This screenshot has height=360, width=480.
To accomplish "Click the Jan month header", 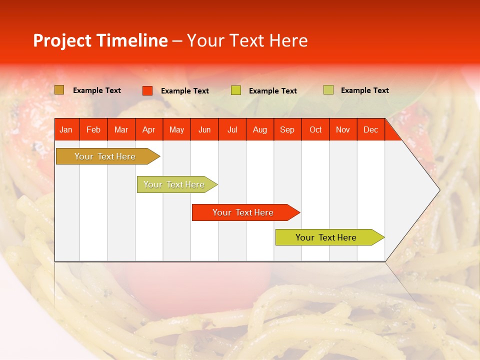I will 66,129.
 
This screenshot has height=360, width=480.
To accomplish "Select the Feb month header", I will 93,129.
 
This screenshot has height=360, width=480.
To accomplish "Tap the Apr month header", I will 148,129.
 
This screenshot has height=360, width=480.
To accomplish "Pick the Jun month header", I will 204,129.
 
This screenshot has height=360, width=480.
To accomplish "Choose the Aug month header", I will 259,129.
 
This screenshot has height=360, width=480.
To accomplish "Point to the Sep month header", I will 287,129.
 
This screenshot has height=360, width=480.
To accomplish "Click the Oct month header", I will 315,129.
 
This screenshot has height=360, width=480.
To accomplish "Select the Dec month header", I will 370,129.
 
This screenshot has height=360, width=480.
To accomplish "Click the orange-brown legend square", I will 59,90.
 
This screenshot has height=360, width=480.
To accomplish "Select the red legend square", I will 147,90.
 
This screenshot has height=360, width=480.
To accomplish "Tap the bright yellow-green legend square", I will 236,90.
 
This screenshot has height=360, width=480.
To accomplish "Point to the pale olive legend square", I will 328,90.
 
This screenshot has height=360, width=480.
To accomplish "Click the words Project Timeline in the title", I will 100,40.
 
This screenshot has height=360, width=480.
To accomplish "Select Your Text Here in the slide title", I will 247,40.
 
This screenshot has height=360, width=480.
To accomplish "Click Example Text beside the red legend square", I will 185,91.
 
